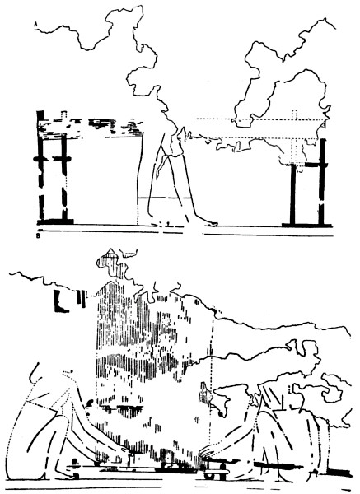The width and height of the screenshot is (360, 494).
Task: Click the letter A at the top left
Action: click(35, 23)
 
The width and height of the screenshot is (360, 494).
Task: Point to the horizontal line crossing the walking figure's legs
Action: click(165, 198)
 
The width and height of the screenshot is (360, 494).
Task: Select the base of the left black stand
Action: click(55, 221)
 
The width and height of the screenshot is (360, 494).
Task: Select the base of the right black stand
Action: click(306, 225)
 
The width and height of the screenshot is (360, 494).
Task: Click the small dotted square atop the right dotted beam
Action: click(295, 114)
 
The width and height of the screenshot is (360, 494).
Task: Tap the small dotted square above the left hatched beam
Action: click(64, 114)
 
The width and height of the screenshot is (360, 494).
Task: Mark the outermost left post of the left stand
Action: click(40, 166)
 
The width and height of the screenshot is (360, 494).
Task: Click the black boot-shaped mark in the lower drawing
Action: click(60, 301)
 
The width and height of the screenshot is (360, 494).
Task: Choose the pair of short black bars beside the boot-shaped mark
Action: click(82, 299)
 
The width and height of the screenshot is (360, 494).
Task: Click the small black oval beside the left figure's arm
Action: click(89, 403)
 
